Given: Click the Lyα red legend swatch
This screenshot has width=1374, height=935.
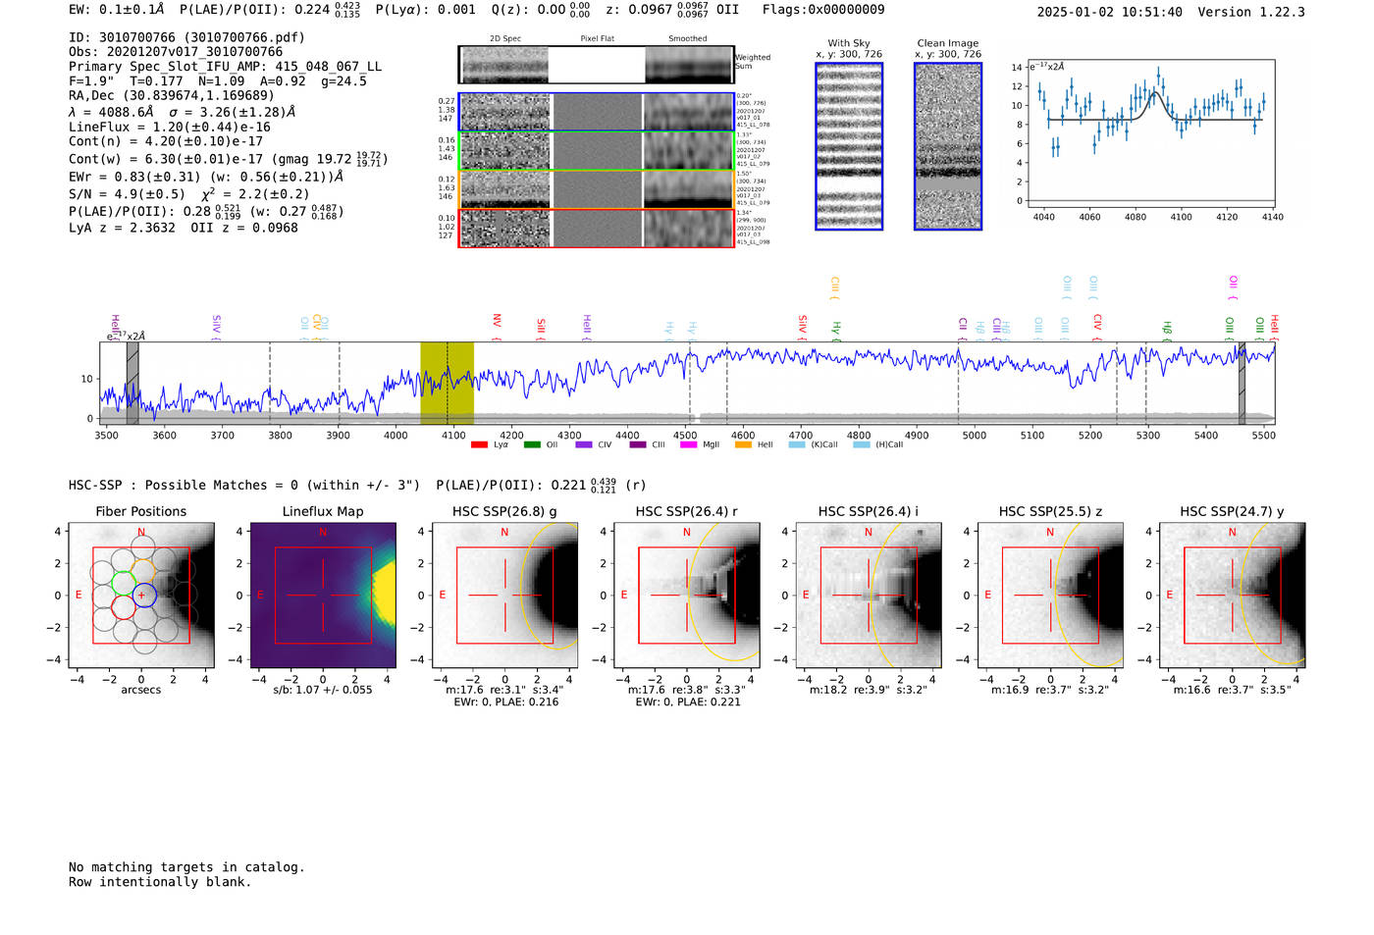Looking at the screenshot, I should pos(479,445).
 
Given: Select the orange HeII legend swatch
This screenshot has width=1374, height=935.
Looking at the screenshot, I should pos(743,445).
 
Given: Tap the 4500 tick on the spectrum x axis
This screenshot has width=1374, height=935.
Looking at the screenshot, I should pos(685,435).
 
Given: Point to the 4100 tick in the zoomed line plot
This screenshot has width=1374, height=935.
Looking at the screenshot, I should pos(1181,217).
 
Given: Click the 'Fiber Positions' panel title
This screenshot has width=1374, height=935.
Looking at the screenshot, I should pos(140,511).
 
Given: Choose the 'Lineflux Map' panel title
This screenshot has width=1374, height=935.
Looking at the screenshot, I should pos(323,511).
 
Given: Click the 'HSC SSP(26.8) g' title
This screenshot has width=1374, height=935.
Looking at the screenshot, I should pos(504,511).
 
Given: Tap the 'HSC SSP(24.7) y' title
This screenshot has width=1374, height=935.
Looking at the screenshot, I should pos(1232,511).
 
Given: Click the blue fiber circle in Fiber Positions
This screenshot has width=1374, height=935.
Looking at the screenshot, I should pos(143,595).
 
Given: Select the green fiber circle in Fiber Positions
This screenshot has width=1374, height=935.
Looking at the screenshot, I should pos(123,583).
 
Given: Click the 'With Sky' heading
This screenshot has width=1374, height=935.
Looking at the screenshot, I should pos(849,43).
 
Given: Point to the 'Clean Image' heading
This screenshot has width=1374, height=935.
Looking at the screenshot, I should pos(948,43).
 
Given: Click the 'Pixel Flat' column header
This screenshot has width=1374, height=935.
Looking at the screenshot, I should pos(597,39).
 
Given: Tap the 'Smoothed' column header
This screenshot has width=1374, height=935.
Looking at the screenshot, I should pos(688,39).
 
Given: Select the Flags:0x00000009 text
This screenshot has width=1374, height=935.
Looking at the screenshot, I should pos(823,9).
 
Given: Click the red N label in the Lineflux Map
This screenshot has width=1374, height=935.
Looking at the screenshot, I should pos(323,533).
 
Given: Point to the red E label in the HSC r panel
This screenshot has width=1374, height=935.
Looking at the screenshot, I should pos(624,595).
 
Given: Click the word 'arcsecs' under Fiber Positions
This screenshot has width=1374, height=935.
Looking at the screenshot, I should pos(140,690).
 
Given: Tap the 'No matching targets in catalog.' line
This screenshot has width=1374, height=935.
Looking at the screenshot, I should pos(186,866).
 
